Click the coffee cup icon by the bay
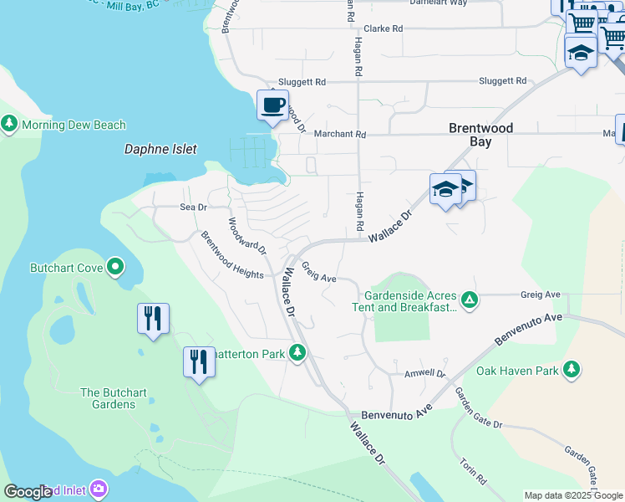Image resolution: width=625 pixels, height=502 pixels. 272,105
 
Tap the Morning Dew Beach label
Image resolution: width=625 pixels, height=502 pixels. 74,125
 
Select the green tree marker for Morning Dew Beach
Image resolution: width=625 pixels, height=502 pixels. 9,125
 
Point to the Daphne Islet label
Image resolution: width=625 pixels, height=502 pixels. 160,149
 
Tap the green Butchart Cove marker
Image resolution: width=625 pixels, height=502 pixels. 115,268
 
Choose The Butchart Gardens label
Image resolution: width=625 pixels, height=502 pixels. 108,398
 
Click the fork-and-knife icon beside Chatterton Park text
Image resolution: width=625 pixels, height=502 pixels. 198,362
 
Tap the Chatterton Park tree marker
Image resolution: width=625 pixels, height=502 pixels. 297,353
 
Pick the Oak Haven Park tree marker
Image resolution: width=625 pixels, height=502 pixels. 572,369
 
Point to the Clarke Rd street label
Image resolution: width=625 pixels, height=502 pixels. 383,28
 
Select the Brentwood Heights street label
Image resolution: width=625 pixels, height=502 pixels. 232,254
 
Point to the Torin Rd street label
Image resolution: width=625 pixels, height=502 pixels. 472,471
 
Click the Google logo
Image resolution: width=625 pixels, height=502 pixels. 28,492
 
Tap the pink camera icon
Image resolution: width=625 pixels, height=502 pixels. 99,488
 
